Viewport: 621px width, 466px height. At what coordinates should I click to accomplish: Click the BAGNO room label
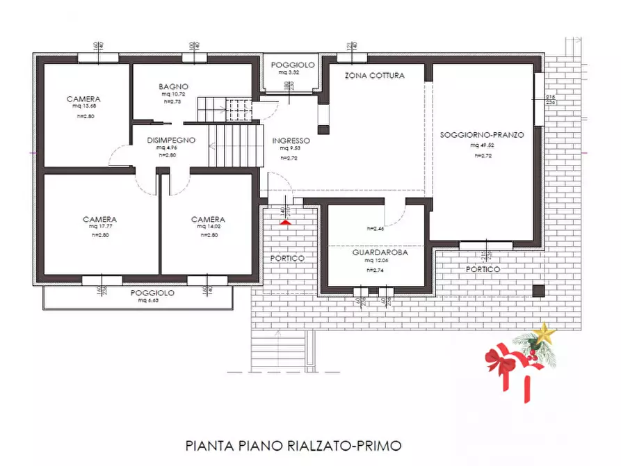coord(172,87)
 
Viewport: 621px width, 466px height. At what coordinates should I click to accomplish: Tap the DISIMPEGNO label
coord(171,140)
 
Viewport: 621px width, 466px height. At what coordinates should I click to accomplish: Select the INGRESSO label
coord(291,140)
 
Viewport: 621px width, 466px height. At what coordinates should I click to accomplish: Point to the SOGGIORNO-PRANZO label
coord(482,134)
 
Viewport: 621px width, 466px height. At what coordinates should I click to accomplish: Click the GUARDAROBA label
coord(380,253)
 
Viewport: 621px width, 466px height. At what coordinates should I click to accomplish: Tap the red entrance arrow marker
coord(284,222)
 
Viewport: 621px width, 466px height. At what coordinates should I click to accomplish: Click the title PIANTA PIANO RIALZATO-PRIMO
coord(293,444)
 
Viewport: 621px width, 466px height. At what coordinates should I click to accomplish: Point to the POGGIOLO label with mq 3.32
coord(293,65)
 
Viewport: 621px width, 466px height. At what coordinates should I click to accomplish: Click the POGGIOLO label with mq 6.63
coord(152,293)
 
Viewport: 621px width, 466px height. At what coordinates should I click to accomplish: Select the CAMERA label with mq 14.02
coord(209,219)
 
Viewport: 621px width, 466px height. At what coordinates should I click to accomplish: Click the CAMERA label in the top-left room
coord(83,99)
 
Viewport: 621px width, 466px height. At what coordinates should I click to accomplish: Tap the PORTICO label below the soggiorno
coord(484,268)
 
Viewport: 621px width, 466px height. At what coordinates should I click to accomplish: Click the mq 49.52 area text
coord(482,145)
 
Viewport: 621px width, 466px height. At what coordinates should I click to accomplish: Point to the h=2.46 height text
coord(376,228)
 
